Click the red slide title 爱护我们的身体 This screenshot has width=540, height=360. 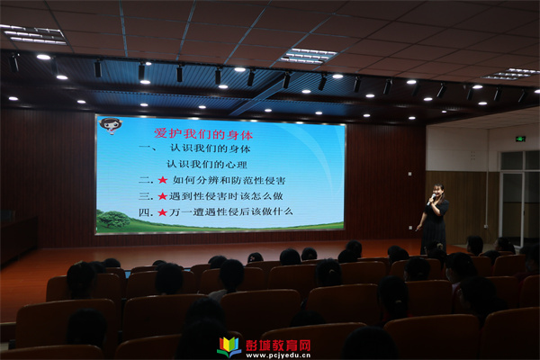[203, 134]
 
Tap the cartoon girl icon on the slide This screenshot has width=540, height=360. [111, 126]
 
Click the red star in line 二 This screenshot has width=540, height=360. [162, 180]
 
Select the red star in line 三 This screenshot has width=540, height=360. [162, 196]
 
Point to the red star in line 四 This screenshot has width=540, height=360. [162, 212]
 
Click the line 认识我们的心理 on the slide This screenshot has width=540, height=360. [207, 165]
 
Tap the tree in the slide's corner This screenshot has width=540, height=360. [112, 220]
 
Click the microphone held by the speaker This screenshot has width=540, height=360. [431, 200]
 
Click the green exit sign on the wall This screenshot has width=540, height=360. [520, 139]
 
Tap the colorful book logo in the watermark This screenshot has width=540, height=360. [229, 346]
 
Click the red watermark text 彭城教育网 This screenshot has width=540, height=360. [278, 346]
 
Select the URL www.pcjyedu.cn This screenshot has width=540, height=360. [278, 355]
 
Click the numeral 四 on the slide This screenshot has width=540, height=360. [145, 212]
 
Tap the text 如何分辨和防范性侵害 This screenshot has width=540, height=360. [229, 180]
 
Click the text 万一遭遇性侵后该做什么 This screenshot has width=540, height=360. [230, 211]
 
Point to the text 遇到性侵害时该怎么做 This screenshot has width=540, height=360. [226, 196]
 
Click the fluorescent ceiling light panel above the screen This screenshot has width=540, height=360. [307, 56]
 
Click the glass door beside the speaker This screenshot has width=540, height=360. [512, 208]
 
